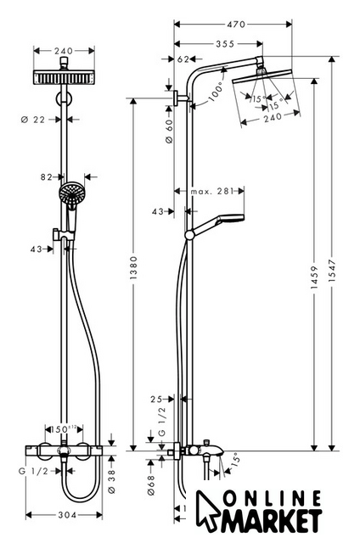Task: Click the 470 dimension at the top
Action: [235, 25]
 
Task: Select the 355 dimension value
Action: [225, 44]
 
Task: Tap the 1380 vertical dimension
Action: [134, 268]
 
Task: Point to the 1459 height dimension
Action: [314, 277]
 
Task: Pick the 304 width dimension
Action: [67, 515]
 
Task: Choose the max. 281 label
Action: [212, 191]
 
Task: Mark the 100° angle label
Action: [217, 92]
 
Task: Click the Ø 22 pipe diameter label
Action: [33, 120]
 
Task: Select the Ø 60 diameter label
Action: [169, 131]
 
